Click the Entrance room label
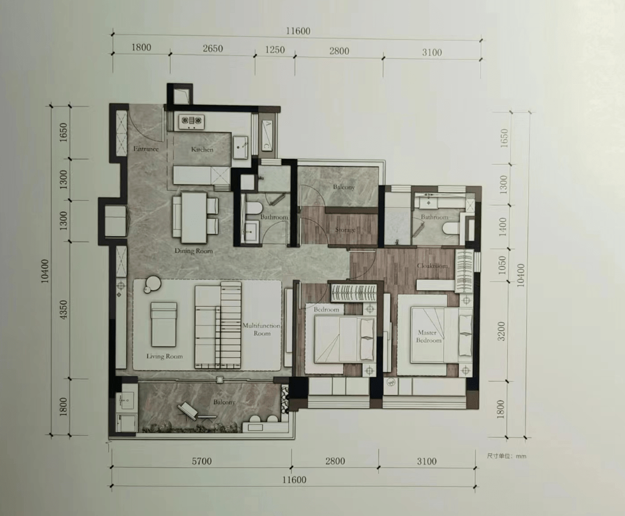pyautogui.click(x=146, y=149)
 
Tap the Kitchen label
pyautogui.click(x=202, y=149)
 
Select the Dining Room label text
pyautogui.click(x=193, y=251)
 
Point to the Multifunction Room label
pyautogui.click(x=261, y=329)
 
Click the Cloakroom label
pyautogui.click(x=433, y=265)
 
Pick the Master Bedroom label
pyautogui.click(x=429, y=336)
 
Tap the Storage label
pyautogui.click(x=345, y=230)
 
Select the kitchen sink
pyautogui.click(x=240, y=146)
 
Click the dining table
pyautogui.click(x=194, y=218)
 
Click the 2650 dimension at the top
pyautogui.click(x=212, y=49)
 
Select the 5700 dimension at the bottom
pyautogui.click(x=202, y=461)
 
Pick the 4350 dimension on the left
pyautogui.click(x=63, y=310)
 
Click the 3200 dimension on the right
pyautogui.click(x=501, y=331)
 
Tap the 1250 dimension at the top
pyautogui.click(x=275, y=50)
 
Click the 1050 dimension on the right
pyautogui.click(x=502, y=265)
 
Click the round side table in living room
pyautogui.click(x=152, y=284)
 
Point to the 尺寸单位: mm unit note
pyautogui.click(x=506, y=456)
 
